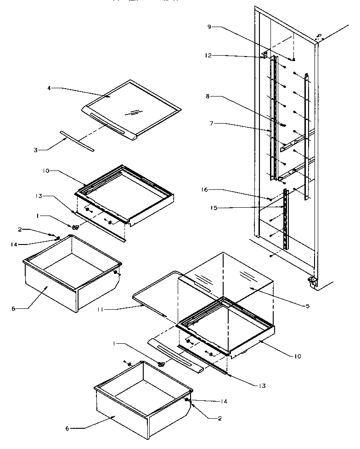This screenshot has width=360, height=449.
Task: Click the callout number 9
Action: [x=209, y=27]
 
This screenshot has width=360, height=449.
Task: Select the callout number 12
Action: [x=209, y=56]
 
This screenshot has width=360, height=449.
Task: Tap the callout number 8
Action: [x=208, y=97]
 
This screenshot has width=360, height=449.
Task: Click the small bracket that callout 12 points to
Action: [x=264, y=55]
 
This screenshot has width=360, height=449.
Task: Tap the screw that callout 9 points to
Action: [x=293, y=59]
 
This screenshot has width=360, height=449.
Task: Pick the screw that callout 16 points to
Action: [x=270, y=199]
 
